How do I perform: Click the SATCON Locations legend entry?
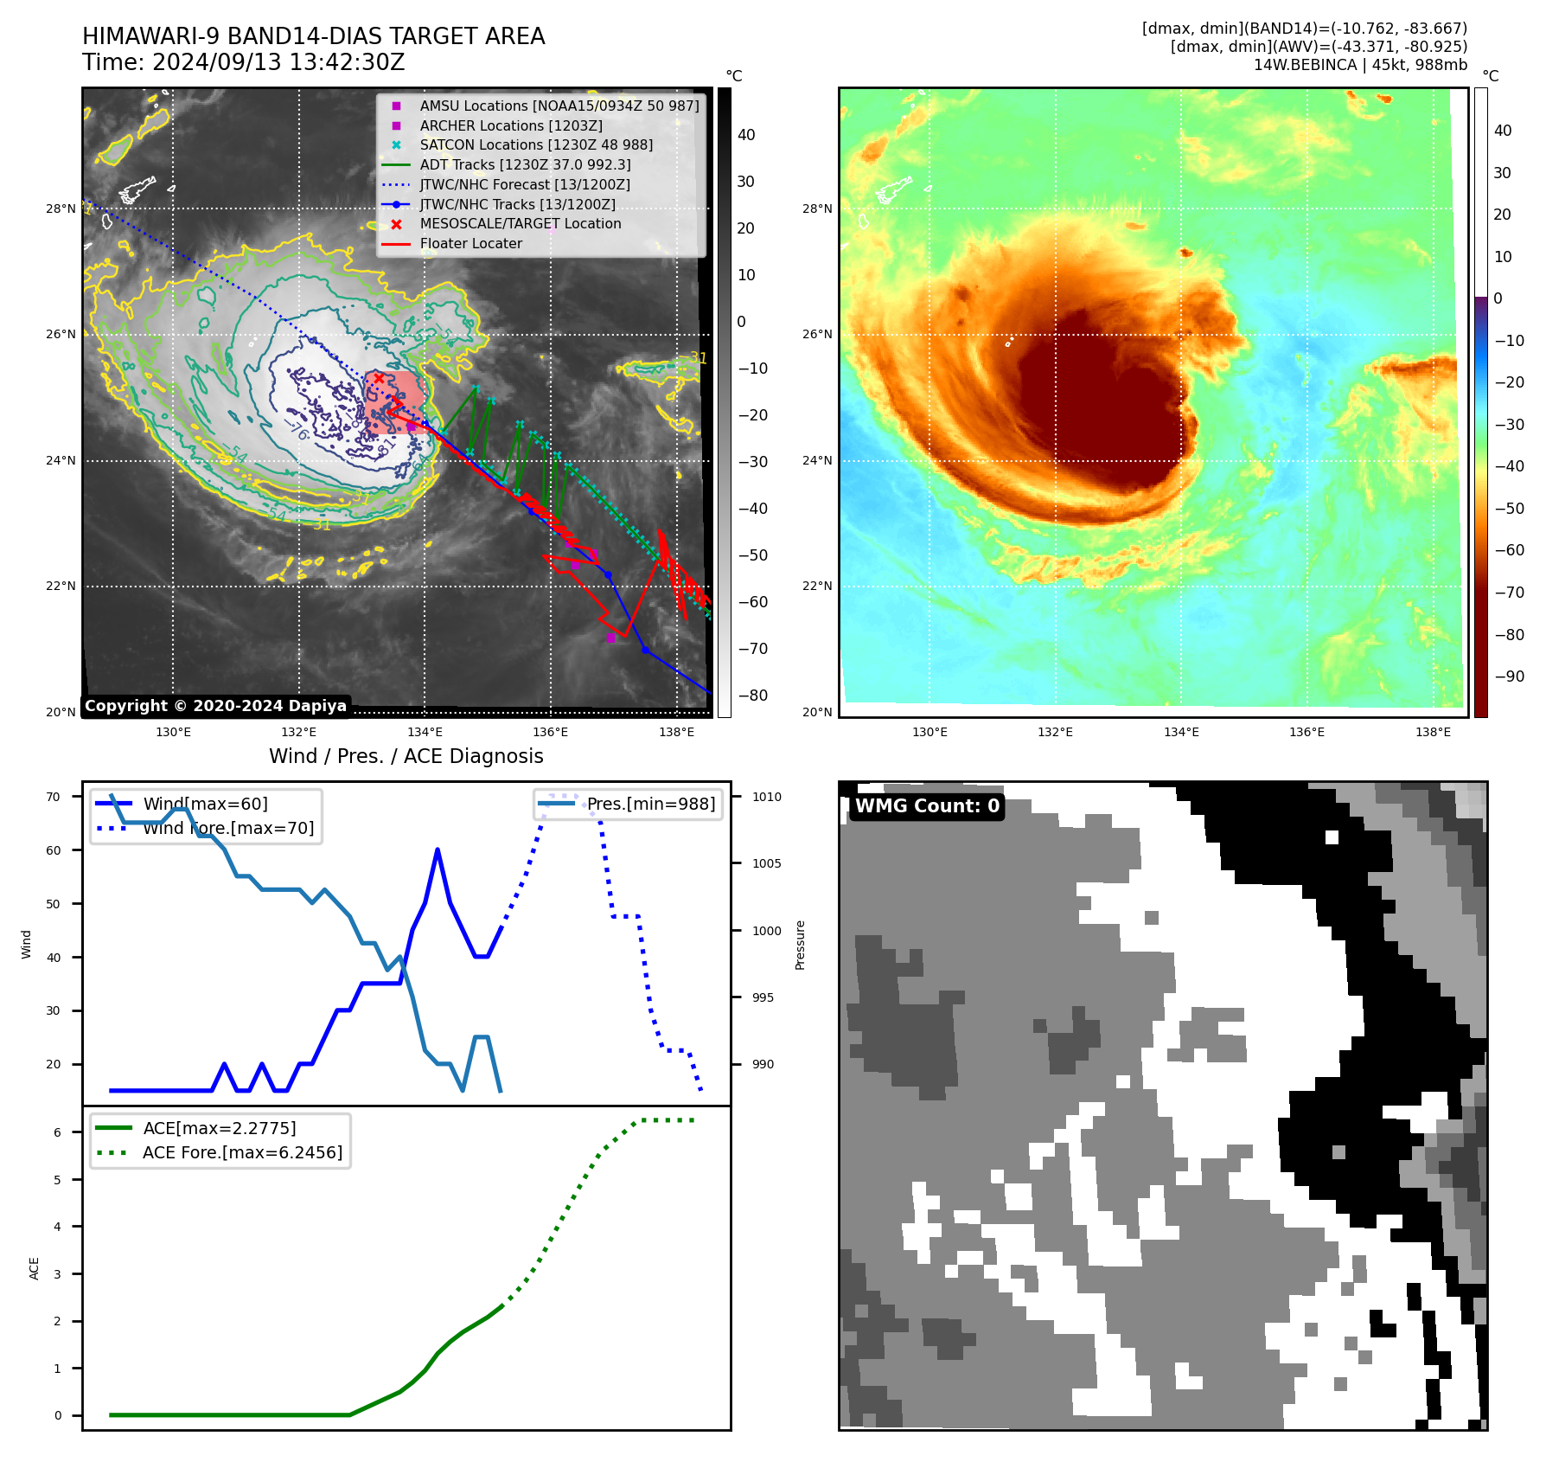pyautogui.click(x=536, y=145)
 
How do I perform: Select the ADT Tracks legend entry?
pyautogui.click(x=525, y=164)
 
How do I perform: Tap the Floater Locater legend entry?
pyautogui.click(x=470, y=244)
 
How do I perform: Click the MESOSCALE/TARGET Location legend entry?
pyautogui.click(x=520, y=224)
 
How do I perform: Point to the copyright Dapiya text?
pyautogui.click(x=215, y=706)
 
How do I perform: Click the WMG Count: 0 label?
pyautogui.click(x=927, y=806)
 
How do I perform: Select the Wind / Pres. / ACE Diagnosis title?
pyautogui.click(x=406, y=756)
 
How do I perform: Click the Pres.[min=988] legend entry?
pyautogui.click(x=650, y=804)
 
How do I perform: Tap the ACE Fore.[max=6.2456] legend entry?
pyautogui.click(x=242, y=1152)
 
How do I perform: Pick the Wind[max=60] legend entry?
pyautogui.click(x=205, y=804)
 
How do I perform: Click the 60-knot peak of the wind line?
pyautogui.click(x=438, y=850)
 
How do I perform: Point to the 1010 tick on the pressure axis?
pyautogui.click(x=766, y=797)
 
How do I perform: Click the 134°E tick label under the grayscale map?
pyautogui.click(x=425, y=733)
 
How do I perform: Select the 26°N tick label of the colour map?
pyautogui.click(x=816, y=334)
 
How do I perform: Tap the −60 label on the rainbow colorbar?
pyautogui.click(x=1509, y=550)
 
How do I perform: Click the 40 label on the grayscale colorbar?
pyautogui.click(x=746, y=135)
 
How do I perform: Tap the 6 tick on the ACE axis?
pyautogui.click(x=58, y=1132)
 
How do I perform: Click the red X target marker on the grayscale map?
pyautogui.click(x=379, y=378)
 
